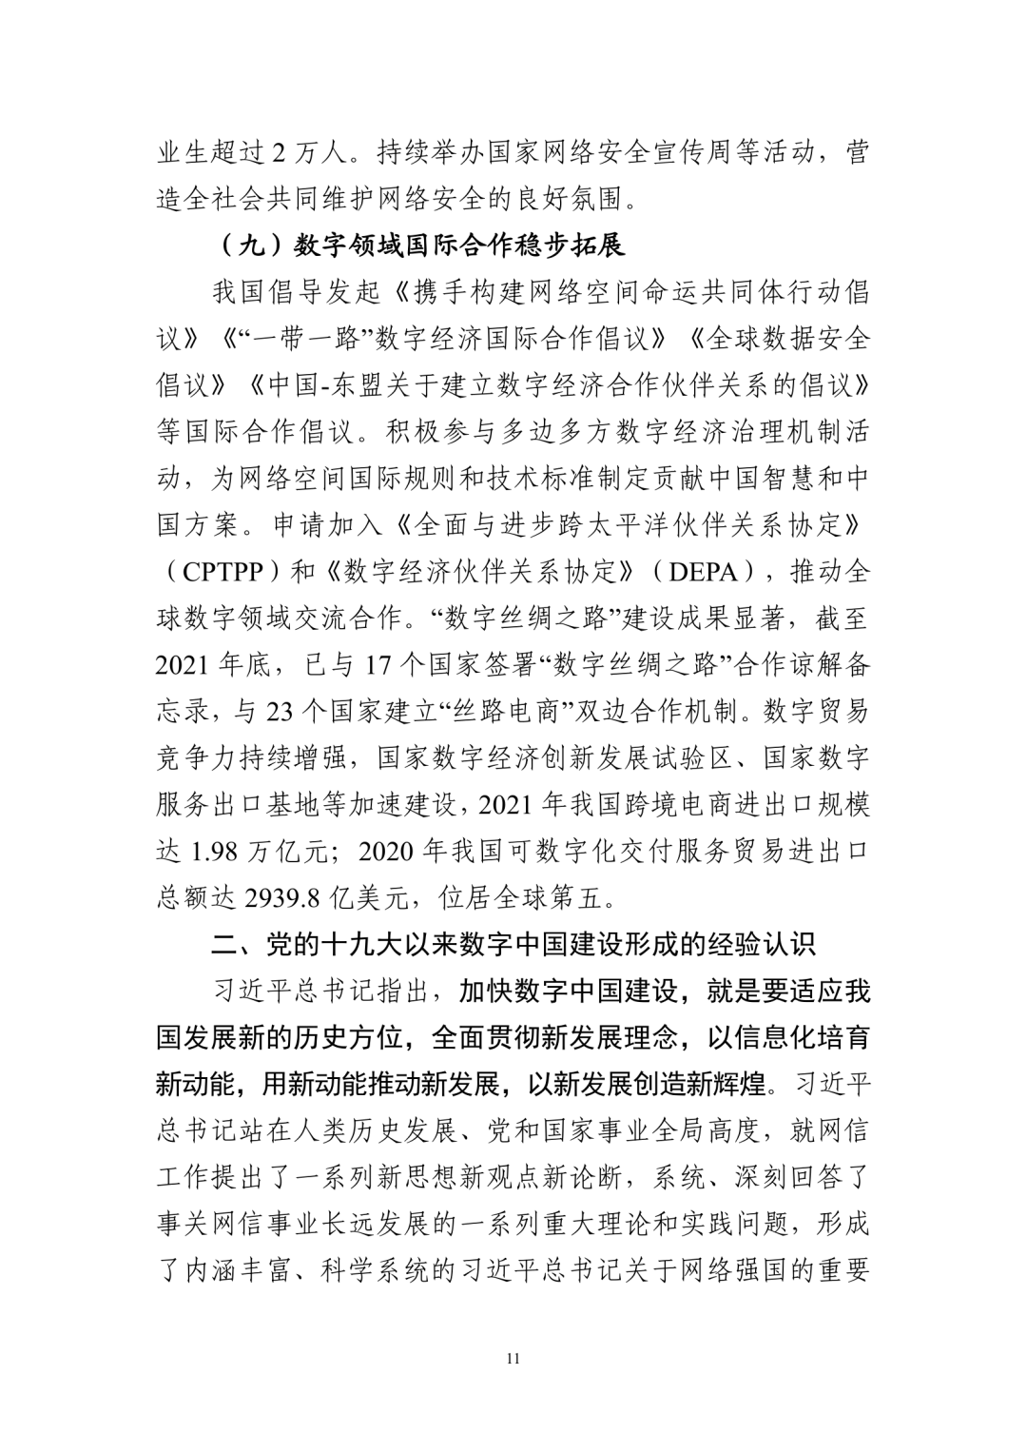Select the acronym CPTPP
click(225, 571)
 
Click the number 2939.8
click(281, 896)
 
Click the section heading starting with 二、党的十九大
click(513, 944)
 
